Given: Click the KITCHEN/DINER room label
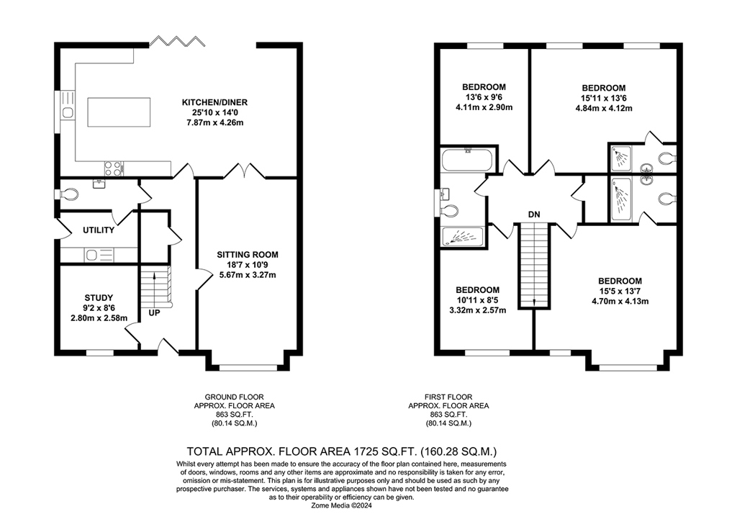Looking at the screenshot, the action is point(214,102).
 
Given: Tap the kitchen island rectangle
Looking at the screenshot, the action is point(119,112).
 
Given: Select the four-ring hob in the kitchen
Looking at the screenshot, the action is point(113,168).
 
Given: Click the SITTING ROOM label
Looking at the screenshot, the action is point(248,255).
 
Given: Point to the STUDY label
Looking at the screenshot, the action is point(99,298).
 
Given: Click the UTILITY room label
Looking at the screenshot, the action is point(99,230).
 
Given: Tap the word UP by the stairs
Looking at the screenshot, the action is point(154,313).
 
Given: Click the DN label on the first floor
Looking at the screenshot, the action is point(534,215).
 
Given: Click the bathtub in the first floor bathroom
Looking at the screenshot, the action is point(467,161).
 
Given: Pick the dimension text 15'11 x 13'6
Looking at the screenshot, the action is point(604,98).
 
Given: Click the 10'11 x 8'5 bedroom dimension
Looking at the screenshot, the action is point(478,300).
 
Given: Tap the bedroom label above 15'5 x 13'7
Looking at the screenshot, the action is point(620,281).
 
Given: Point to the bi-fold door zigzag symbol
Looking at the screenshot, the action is point(177,41).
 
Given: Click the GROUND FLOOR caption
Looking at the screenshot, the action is point(234,397).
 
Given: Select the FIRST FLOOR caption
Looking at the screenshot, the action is point(448,397).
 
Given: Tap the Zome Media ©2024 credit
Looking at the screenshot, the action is point(342,505).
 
